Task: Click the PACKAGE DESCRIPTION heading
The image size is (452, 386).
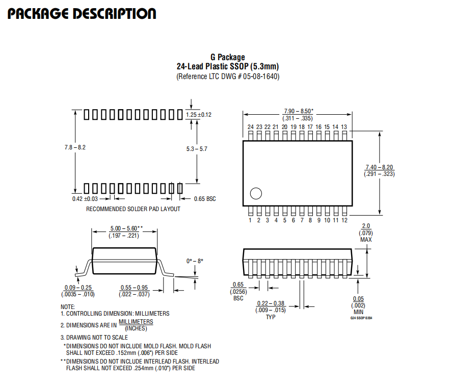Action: click(x=82, y=14)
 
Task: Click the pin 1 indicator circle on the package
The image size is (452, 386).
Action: click(x=256, y=194)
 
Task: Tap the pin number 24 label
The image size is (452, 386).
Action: click(x=251, y=127)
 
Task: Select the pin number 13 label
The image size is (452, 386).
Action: click(x=344, y=127)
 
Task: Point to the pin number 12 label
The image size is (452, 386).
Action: click(x=344, y=220)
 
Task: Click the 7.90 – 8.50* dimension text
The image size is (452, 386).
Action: click(x=299, y=111)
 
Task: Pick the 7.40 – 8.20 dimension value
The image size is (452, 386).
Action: click(x=379, y=167)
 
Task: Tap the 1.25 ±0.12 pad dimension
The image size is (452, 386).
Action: click(x=199, y=115)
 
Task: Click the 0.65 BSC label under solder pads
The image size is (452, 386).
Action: click(x=205, y=199)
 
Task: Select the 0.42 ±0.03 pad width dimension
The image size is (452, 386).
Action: click(x=85, y=199)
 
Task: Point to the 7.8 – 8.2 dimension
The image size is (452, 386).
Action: click(x=75, y=147)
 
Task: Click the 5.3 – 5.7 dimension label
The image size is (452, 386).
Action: click(x=197, y=149)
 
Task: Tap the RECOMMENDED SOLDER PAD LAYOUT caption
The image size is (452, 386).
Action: click(x=133, y=209)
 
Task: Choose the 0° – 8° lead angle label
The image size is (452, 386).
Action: click(x=195, y=261)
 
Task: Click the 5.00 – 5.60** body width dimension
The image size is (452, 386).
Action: click(x=126, y=228)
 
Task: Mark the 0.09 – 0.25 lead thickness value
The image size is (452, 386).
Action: click(x=78, y=288)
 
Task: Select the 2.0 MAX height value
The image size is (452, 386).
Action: click(x=366, y=233)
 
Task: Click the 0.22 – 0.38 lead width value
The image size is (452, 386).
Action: click(x=271, y=303)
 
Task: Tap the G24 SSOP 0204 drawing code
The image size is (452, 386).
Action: click(x=361, y=318)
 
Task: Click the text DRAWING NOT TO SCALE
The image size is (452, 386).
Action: click(x=97, y=338)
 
